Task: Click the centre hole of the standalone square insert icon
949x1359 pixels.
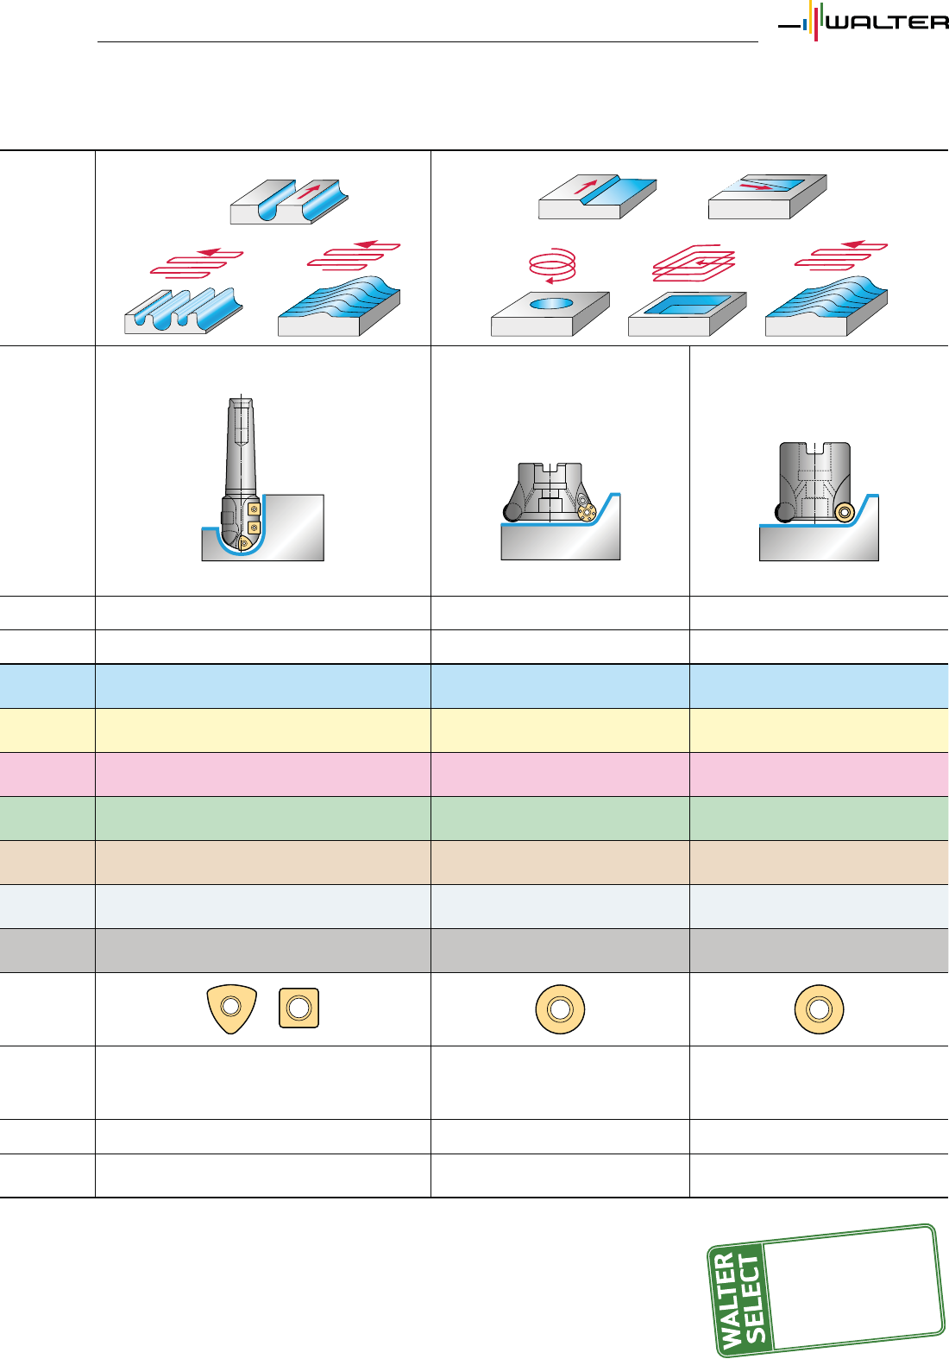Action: [x=299, y=1008]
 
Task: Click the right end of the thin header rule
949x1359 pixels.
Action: [x=758, y=41]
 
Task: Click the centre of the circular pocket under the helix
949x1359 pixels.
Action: [x=550, y=303]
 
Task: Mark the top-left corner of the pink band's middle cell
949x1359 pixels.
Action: [x=431, y=753]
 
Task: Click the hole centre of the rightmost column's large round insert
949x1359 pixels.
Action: [x=820, y=1009]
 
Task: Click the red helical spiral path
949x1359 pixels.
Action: [x=552, y=265]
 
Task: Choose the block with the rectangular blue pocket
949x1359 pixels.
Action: [x=688, y=313]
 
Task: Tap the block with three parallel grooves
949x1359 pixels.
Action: [x=183, y=310]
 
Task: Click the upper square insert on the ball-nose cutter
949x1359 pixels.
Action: [x=255, y=509]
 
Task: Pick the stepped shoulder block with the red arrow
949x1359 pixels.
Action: [x=597, y=198]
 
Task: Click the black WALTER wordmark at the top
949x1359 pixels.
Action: [x=888, y=22]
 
